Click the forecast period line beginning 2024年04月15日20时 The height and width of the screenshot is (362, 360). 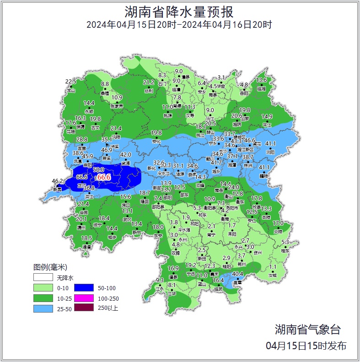(179, 24)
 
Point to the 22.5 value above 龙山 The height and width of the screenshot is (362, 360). (70, 81)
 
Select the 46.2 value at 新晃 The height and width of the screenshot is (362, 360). (57, 181)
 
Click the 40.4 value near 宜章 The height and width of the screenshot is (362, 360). (237, 274)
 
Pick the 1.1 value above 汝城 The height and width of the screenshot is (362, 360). (273, 267)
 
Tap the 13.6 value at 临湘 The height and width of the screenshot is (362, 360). (261, 80)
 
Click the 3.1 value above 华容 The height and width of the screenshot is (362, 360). (221, 77)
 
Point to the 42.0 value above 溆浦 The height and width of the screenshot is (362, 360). (125, 155)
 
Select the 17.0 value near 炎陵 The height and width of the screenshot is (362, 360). (278, 223)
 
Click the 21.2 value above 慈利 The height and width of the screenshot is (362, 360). (149, 82)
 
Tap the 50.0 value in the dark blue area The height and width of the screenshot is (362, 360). (98, 170)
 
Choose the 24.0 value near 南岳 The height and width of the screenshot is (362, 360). (234, 187)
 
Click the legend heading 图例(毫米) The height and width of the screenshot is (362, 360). (50, 267)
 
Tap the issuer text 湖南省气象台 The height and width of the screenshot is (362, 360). (307, 329)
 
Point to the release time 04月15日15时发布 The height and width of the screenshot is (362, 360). (306, 346)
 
